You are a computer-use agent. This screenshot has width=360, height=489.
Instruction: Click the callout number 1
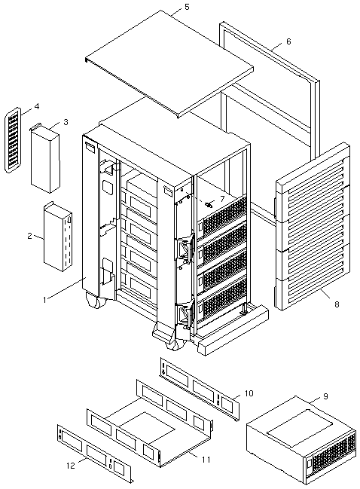[44, 300]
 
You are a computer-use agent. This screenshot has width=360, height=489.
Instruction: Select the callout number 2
[29, 236]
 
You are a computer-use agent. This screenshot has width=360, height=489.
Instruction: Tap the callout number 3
[66, 122]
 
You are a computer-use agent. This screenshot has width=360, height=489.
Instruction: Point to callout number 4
[37, 107]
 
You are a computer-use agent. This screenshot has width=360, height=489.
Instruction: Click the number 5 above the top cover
[187, 7]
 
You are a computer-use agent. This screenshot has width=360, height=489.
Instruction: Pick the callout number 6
[288, 41]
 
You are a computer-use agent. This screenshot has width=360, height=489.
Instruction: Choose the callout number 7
[222, 198]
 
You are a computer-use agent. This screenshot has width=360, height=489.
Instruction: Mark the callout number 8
[337, 304]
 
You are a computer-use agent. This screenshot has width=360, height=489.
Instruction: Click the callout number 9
[325, 396]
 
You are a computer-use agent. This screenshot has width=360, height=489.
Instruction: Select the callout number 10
[249, 393]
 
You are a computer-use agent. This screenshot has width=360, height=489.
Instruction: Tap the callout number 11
[206, 460]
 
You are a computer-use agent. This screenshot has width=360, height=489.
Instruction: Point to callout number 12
[71, 466]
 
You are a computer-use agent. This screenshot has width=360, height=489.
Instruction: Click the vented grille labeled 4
[13, 140]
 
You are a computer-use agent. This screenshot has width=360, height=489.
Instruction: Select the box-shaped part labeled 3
[45, 157]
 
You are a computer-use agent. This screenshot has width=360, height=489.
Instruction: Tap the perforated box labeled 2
[58, 237]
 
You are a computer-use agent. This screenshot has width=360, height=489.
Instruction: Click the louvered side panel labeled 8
[312, 226]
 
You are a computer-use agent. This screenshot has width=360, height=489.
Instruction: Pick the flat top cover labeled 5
[169, 64]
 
